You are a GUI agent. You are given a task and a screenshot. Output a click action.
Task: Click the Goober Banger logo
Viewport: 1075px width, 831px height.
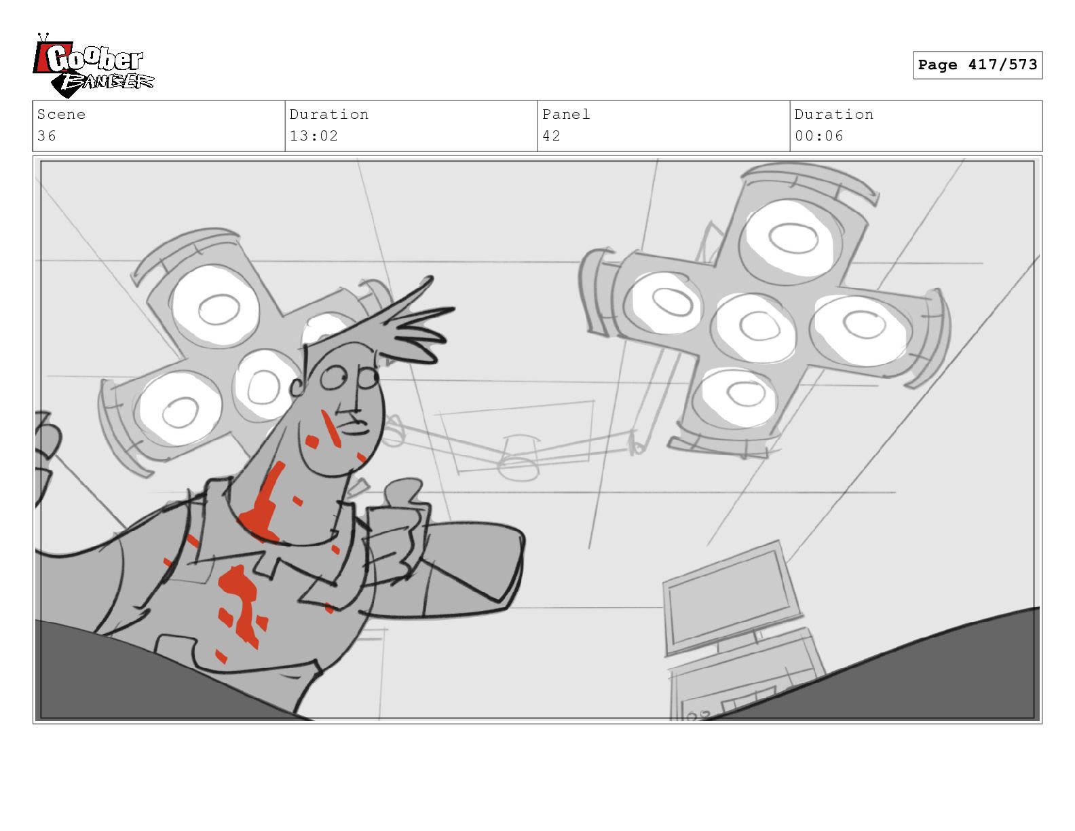tap(93, 65)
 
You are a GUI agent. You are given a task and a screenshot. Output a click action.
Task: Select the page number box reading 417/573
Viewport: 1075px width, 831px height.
tap(977, 64)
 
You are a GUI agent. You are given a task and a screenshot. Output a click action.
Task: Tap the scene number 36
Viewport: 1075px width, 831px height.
tap(47, 136)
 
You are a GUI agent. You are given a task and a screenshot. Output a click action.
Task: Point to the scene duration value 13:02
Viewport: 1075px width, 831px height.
tap(314, 136)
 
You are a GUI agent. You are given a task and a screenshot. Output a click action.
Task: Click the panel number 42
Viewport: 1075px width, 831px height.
tap(551, 136)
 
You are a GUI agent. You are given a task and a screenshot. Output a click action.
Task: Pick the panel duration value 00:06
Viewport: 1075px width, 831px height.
tap(818, 136)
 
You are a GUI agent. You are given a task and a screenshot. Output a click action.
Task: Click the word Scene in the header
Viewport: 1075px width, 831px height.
tap(61, 114)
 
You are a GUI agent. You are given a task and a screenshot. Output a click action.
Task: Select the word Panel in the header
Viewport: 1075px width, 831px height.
tap(566, 114)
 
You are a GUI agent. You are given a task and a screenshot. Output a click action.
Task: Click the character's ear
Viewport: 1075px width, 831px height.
tap(298, 386)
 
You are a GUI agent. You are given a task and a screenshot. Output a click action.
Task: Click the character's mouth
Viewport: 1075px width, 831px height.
tap(357, 426)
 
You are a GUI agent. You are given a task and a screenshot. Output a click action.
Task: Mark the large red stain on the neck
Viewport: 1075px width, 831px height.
tap(262, 505)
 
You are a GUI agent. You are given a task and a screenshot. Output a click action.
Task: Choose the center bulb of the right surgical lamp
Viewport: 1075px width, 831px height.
tap(755, 327)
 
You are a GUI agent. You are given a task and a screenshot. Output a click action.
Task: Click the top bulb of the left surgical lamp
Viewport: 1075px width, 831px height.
tap(216, 307)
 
